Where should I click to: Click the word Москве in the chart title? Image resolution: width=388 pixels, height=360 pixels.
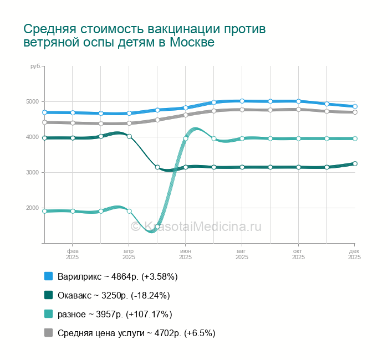(192, 42)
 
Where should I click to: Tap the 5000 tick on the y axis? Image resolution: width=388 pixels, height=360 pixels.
(33, 102)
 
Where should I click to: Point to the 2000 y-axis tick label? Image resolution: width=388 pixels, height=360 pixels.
(33, 208)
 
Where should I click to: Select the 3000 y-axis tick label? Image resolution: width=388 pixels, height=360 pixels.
(33, 173)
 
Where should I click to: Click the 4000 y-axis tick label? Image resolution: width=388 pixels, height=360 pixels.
(33, 137)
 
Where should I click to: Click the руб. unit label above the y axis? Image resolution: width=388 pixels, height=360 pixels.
(35, 66)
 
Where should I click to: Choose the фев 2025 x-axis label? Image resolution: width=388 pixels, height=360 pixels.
(72, 254)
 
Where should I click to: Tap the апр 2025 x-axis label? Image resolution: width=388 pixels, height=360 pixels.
(129, 254)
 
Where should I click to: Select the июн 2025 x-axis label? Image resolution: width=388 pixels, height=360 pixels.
(185, 254)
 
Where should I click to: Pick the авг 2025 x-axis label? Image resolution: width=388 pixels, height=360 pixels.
(242, 254)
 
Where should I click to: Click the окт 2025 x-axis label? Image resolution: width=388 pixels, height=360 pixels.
(298, 254)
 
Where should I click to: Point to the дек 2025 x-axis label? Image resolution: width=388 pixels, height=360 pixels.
(354, 254)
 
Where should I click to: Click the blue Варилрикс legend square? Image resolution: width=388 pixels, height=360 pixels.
(48, 276)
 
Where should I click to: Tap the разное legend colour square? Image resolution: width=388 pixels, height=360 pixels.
(48, 314)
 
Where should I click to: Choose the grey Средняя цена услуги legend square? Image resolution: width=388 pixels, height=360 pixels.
(48, 333)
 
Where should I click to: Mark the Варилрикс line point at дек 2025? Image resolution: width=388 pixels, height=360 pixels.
(355, 106)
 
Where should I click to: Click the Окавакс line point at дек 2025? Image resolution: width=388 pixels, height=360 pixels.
(355, 163)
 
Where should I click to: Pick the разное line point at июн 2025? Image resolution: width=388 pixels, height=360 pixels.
(186, 138)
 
